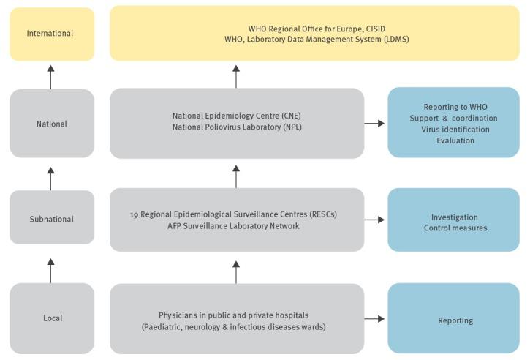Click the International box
pos(51,34)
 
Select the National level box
pos(51,124)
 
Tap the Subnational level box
pos(51,219)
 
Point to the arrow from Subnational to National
pos(50,178)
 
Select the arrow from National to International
pos(50,76)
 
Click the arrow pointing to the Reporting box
pos(374,319)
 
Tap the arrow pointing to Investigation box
pos(374,219)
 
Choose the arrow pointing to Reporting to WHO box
pos(374,124)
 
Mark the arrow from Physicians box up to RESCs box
pos(235,271)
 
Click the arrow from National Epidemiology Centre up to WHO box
pos(235,76)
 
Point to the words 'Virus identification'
pos(455,130)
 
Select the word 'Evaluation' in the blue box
pos(455,141)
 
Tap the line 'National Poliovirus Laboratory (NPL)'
pos(236,127)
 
